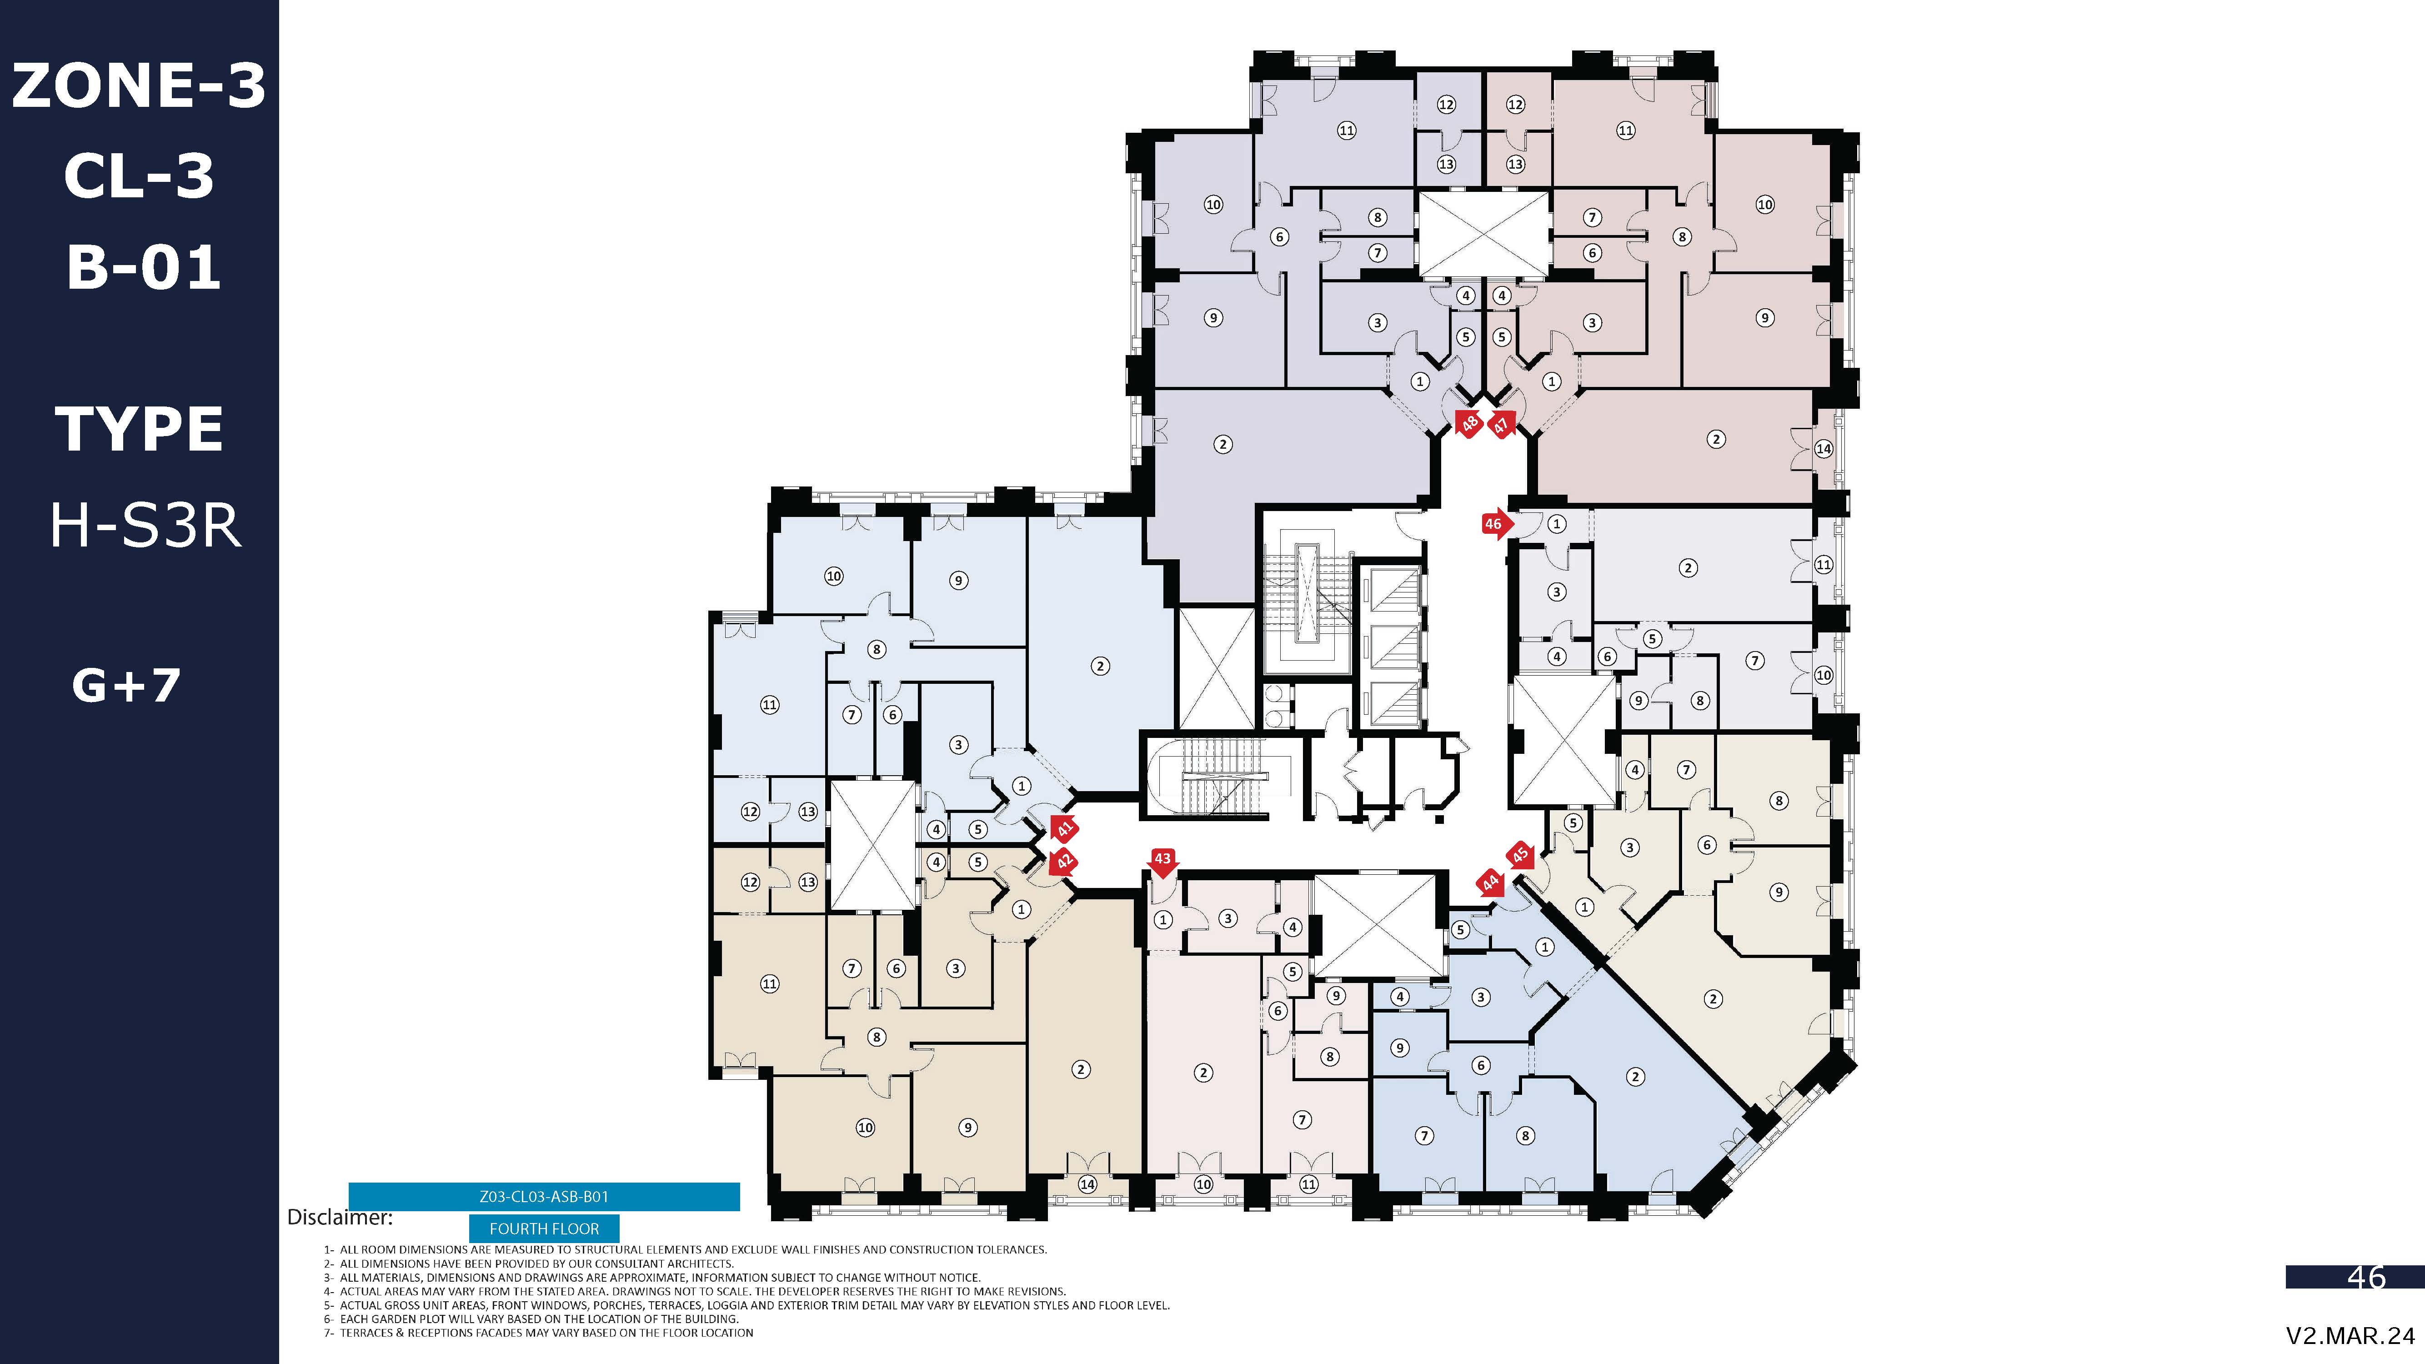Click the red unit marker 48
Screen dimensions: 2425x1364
point(1468,424)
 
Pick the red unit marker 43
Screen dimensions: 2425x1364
point(1162,860)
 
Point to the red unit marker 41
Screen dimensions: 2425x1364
point(1064,828)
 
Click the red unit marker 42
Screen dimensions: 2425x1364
point(1064,861)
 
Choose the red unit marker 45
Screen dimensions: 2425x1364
point(1520,855)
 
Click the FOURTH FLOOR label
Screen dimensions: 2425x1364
point(544,1229)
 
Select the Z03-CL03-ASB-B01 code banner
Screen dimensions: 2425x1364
point(544,1196)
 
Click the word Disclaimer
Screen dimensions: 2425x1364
point(340,1217)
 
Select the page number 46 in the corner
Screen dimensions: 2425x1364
point(2366,1278)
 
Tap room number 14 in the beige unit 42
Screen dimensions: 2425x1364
point(1087,1184)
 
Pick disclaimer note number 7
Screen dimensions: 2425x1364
point(538,1333)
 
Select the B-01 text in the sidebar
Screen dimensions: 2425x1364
point(143,267)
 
